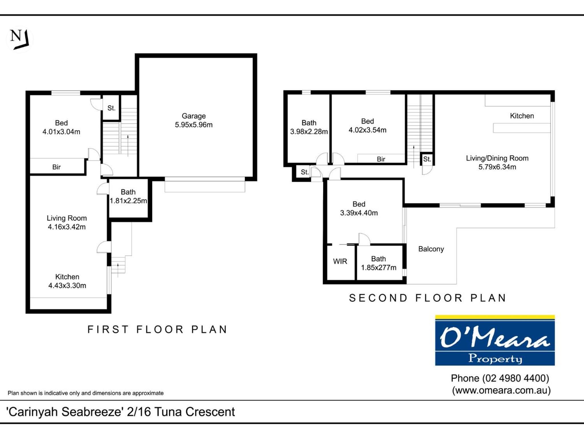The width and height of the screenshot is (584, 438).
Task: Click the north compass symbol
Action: tap(19, 39)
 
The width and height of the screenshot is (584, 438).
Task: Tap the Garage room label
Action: tap(194, 116)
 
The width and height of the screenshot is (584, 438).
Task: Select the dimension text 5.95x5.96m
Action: tap(194, 125)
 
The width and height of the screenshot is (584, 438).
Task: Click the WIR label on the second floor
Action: tap(340, 261)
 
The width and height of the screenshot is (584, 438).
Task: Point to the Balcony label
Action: tap(431, 249)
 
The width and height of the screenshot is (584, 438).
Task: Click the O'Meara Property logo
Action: tap(495, 340)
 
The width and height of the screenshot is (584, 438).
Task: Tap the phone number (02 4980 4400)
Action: tap(516, 378)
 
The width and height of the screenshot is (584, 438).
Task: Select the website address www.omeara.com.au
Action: tap(501, 390)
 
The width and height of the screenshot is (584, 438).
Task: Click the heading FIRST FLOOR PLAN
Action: tap(157, 329)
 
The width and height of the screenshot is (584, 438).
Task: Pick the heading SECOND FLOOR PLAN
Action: tap(427, 298)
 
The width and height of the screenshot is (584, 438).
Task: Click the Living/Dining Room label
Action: tap(497, 158)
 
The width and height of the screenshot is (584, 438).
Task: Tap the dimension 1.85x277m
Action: tap(378, 267)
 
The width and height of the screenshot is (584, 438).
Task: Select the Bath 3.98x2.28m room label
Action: tap(309, 127)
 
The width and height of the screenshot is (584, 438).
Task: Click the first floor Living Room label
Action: tap(67, 218)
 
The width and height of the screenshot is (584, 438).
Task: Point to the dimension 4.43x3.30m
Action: tap(67, 285)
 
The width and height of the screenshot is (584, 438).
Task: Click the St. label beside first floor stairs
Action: tap(111, 108)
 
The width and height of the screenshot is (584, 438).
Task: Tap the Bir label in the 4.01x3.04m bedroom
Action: tap(56, 167)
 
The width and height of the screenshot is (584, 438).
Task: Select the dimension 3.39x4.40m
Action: tap(359, 213)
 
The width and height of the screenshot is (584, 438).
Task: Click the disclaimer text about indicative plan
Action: tap(86, 393)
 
